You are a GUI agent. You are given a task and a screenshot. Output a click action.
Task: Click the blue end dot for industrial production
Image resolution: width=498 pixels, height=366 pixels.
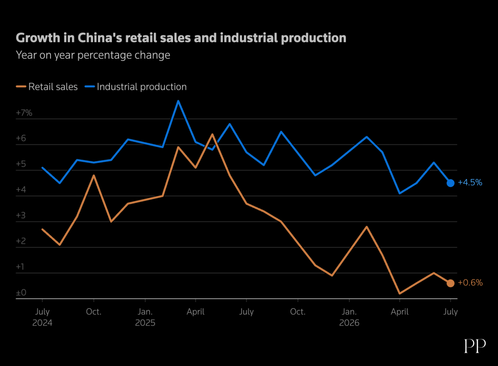451,183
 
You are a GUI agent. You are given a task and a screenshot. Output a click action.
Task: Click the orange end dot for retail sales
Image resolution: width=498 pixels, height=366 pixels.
451,283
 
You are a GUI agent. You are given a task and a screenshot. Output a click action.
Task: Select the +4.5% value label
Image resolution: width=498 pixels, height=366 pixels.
470,182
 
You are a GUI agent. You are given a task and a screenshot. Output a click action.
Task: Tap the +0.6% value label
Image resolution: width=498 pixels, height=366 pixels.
470,282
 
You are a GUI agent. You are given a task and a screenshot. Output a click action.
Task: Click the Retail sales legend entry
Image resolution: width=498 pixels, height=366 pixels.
47,87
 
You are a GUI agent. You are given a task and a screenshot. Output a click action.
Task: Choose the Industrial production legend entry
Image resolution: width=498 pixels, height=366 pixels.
135,87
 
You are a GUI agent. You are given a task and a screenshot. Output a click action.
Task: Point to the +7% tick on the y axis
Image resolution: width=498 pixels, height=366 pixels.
24,113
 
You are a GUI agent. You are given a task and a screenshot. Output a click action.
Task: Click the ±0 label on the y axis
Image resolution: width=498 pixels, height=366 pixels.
21,292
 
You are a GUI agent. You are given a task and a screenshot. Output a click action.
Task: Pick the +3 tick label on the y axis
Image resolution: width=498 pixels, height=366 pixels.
21,215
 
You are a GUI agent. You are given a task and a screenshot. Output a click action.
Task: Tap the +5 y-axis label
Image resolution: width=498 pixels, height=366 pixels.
21,164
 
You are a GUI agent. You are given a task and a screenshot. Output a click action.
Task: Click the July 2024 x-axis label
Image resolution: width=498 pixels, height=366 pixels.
42,317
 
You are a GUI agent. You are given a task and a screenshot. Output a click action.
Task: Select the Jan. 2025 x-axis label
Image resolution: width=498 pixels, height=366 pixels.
145,317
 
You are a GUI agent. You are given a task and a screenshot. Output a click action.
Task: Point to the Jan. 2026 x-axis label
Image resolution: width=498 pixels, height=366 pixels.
349,317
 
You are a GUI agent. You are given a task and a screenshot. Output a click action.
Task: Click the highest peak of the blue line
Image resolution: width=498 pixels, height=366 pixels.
178,101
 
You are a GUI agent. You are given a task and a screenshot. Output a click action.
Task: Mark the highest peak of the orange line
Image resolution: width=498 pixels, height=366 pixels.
212,134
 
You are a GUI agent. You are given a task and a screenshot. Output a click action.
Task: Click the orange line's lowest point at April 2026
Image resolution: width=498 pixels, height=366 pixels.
400,293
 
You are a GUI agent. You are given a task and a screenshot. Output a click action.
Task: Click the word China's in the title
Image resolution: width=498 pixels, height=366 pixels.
100,38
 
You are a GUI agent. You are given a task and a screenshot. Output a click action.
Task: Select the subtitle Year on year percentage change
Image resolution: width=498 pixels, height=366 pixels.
93,55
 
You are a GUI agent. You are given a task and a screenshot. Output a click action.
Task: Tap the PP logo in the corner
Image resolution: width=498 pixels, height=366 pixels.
475,346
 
